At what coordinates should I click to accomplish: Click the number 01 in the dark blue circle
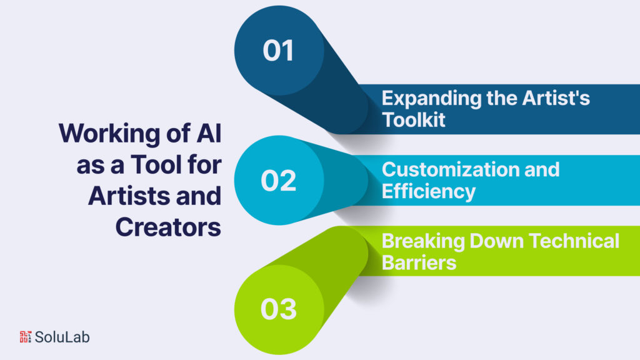pyautogui.click(x=279, y=51)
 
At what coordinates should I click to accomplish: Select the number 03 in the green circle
pyautogui.click(x=279, y=309)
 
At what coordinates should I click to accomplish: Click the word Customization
pyautogui.click(x=442, y=169)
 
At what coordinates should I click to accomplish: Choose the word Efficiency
pyautogui.click(x=429, y=191)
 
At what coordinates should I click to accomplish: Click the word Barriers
pyautogui.click(x=419, y=262)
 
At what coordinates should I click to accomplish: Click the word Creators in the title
pyautogui.click(x=168, y=226)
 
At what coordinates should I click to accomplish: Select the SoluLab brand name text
pyautogui.click(x=62, y=337)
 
